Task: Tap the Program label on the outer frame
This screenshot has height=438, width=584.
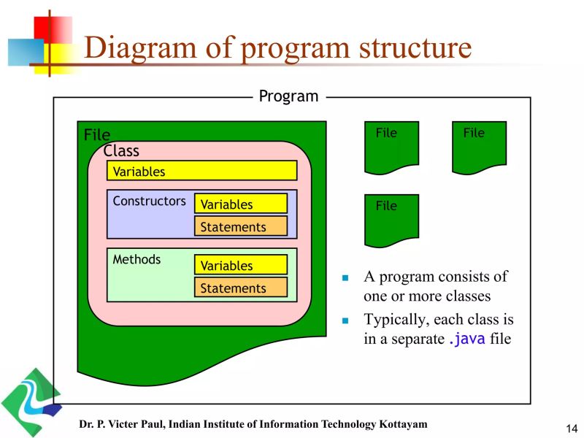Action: click(289, 96)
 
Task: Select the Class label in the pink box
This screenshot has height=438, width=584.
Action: click(121, 151)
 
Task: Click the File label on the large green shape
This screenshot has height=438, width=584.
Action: click(97, 135)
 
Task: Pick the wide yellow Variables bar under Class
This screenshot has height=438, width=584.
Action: click(201, 171)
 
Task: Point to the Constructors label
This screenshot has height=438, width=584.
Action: click(149, 201)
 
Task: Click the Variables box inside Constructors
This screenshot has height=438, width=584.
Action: click(240, 204)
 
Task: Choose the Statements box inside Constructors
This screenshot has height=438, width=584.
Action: click(240, 227)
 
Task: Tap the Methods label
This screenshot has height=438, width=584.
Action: click(137, 260)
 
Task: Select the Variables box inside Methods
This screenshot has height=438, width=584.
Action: click(240, 266)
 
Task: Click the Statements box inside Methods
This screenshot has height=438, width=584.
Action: click(240, 288)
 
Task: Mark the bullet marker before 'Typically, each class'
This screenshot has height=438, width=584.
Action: click(347, 320)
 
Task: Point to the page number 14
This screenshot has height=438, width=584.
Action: click(571, 428)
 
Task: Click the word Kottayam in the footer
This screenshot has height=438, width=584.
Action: click(401, 424)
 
